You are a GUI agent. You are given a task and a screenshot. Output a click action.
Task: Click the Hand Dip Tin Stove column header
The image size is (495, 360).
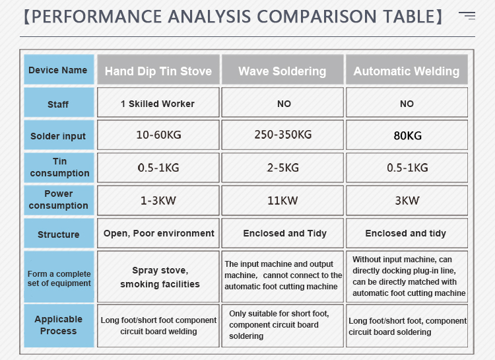pos(158,69)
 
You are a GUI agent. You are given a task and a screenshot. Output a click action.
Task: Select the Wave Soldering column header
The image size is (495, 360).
pos(282,69)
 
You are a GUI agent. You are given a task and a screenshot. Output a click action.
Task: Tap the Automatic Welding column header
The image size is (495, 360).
pos(407,69)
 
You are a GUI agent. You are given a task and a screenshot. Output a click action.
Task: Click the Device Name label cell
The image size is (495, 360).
pos(59,69)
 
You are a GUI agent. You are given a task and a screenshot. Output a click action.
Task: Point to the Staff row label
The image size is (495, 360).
pos(59,102)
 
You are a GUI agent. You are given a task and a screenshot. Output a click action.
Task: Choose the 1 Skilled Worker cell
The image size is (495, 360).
pos(158,102)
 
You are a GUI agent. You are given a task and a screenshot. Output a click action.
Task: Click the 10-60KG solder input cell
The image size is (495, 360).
pos(158,135)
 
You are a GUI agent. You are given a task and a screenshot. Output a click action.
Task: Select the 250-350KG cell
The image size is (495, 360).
pos(282,135)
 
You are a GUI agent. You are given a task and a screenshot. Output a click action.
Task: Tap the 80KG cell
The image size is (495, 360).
pos(407,135)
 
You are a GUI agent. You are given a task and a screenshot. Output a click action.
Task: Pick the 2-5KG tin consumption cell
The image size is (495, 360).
pos(282,168)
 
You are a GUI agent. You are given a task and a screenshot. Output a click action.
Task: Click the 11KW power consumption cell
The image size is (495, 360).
pos(282,200)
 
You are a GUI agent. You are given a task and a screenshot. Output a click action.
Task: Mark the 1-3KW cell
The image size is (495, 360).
pos(158,200)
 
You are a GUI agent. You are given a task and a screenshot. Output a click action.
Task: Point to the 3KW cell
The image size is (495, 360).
pos(407,200)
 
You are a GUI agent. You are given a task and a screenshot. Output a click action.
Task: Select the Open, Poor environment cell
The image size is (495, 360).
pos(158,233)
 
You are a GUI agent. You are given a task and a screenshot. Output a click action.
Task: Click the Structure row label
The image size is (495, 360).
pos(59,233)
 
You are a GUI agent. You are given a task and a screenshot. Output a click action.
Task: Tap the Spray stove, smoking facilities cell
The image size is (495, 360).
pos(158,277)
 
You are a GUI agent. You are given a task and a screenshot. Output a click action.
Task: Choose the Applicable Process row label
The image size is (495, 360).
pos(59,326)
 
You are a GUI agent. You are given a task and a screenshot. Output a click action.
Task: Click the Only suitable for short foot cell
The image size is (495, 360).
pos(282,326)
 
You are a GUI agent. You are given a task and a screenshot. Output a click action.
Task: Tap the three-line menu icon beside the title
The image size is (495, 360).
pos(467,15)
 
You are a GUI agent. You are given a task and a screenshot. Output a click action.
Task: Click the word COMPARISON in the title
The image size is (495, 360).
pos(317,17)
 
